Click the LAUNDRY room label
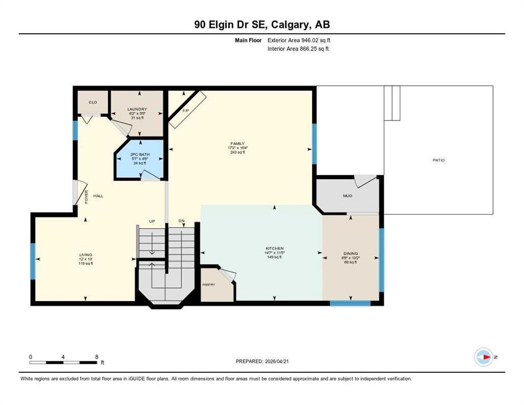coord(137,109)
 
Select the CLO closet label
coord(93,102)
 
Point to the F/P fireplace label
coord(185,111)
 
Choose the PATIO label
coord(439,160)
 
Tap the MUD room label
coord(347,196)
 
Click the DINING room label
coord(351,254)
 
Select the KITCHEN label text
coord(274,248)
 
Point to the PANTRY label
coord(209,285)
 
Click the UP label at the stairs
coord(152,221)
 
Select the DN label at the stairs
coord(181,221)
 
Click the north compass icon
coord(483,357)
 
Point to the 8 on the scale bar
coord(96,357)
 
